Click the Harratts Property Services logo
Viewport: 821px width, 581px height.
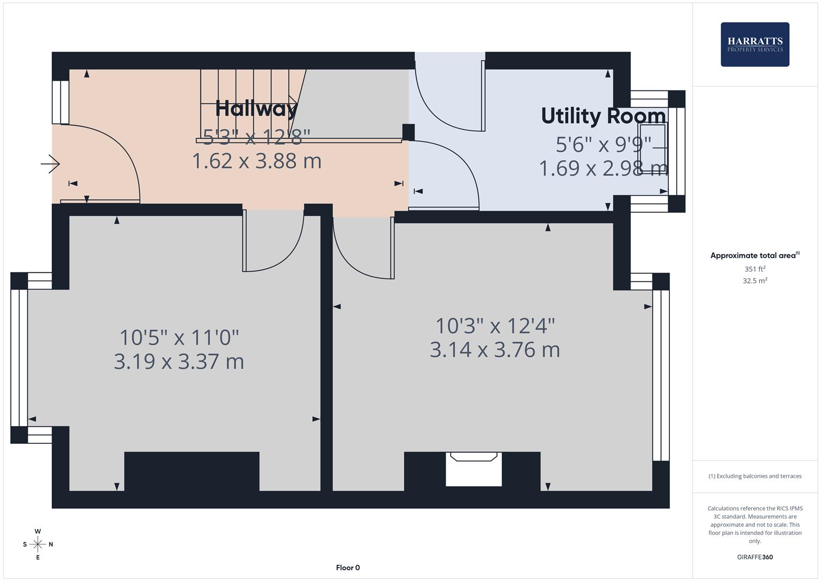click(754, 44)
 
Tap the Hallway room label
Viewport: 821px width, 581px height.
click(256, 109)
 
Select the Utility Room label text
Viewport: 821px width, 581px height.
click(603, 116)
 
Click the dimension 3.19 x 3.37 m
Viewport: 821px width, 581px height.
click(179, 362)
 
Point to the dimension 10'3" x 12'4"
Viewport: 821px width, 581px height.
click(495, 326)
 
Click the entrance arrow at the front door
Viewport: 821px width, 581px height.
click(51, 164)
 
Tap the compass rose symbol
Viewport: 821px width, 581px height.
click(38, 544)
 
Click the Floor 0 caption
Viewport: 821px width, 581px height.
click(348, 568)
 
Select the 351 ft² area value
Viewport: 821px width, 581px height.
click(754, 269)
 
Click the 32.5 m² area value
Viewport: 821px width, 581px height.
click(754, 281)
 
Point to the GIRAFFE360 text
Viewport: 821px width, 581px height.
click(754, 557)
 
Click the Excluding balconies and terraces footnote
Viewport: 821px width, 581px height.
click(754, 476)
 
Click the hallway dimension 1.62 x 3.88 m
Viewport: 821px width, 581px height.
click(256, 161)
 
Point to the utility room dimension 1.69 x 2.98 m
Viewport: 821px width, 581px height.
click(603, 168)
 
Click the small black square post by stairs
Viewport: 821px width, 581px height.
click(409, 132)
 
